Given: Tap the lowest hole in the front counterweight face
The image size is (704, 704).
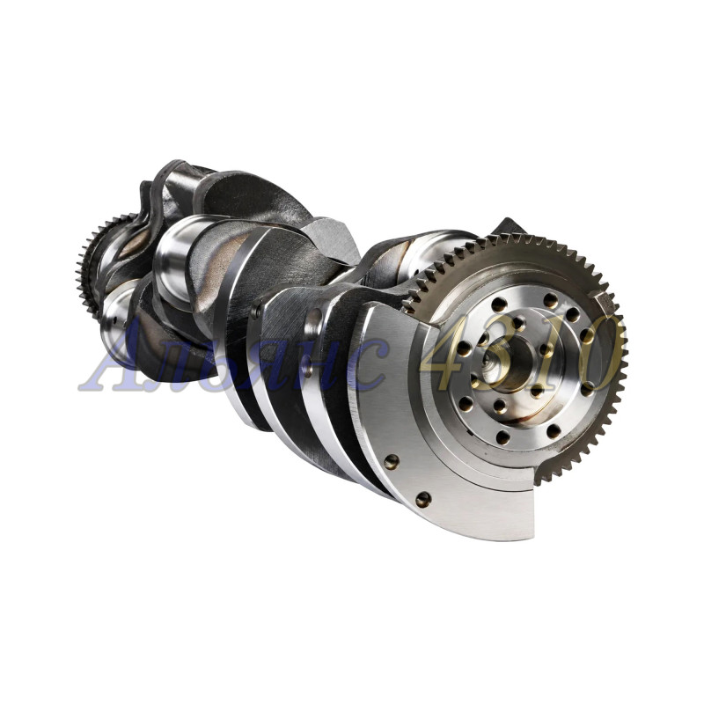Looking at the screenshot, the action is pos(423,499).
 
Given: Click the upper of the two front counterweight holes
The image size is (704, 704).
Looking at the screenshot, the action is pos(392,461).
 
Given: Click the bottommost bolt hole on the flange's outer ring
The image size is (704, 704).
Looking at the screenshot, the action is pos(502,436).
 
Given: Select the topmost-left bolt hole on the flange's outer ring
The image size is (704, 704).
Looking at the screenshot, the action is pos(499,304).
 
